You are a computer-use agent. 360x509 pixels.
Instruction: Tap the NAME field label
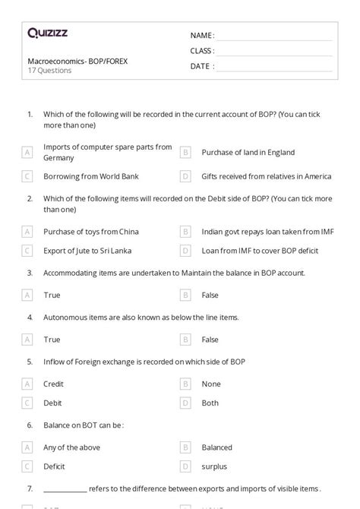[x=201, y=35]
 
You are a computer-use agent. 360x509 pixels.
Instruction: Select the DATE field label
[x=201, y=66]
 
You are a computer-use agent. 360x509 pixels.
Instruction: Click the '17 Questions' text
[x=49, y=71]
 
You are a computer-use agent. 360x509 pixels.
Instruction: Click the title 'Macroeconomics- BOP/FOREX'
[x=77, y=61]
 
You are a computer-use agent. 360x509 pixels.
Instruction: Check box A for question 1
[x=27, y=153]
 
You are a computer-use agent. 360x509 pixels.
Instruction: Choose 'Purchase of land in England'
[x=248, y=153]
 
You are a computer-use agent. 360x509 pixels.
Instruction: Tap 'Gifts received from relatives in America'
[x=266, y=176]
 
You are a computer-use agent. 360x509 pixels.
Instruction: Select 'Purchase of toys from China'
[x=91, y=231]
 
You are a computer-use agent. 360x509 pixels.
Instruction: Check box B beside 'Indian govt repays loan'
[x=185, y=231]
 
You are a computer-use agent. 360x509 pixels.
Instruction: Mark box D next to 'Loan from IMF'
[x=185, y=249]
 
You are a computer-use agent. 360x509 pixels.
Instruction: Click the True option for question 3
[x=52, y=295]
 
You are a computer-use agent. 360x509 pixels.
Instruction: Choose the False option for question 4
[x=210, y=340]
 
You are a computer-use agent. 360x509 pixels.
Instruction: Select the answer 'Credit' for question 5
[x=53, y=384]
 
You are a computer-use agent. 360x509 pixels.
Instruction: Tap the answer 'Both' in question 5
[x=210, y=403]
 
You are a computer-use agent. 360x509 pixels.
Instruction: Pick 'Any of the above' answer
[x=71, y=447]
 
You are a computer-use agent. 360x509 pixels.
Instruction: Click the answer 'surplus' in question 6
[x=214, y=466]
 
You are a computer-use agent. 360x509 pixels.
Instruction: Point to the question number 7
[x=30, y=488]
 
